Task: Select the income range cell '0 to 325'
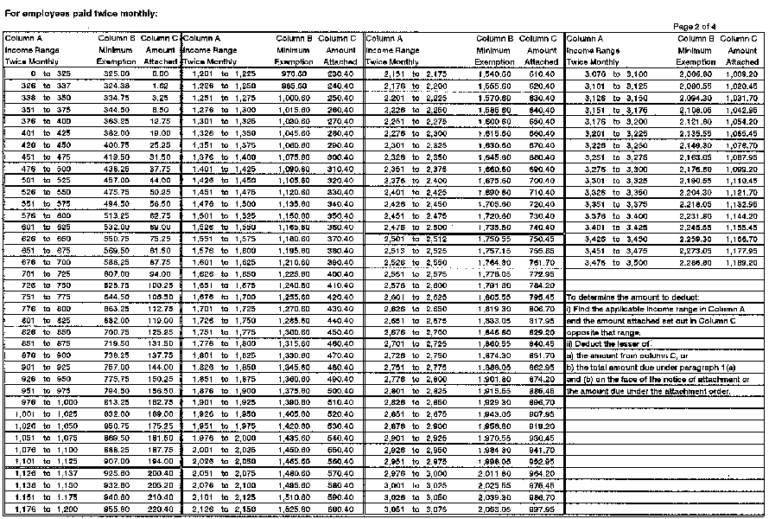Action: (x=35, y=75)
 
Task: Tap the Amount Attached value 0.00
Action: (x=162, y=75)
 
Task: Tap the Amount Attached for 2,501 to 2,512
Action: (x=542, y=237)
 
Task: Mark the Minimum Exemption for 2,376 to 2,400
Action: (x=495, y=178)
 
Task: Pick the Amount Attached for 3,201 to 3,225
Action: (x=742, y=136)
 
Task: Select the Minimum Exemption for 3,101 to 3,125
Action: (x=697, y=86)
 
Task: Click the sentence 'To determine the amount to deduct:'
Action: (x=628, y=296)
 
